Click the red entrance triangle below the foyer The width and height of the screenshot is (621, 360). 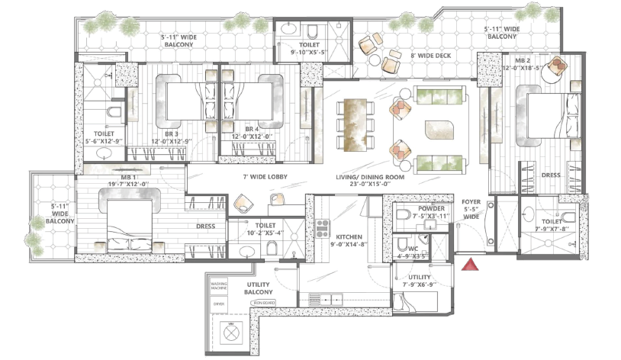click(x=472, y=265)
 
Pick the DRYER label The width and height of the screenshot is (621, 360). click(x=219, y=303)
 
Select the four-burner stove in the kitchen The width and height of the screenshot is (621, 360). click(x=322, y=228)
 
